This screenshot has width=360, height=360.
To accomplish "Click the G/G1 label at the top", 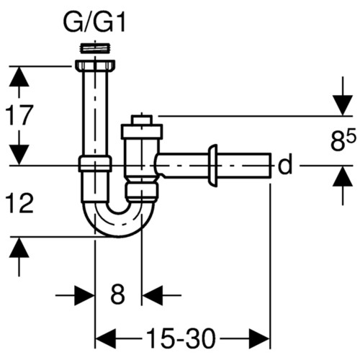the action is click(94, 24).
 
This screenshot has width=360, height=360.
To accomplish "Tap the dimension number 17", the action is click(19, 115).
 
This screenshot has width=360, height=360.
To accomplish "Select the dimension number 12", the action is click(19, 204).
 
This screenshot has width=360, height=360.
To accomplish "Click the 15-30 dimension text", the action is click(180, 338).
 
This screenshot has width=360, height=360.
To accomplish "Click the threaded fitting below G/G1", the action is click(95, 48).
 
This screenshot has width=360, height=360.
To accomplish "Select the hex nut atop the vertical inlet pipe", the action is click(95, 66).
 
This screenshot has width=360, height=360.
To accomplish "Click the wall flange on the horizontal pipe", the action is click(213, 166).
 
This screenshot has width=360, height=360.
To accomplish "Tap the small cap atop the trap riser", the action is click(142, 120).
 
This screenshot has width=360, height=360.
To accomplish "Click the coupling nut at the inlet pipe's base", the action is click(95, 163).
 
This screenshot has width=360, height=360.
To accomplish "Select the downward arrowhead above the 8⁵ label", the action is click(343, 105).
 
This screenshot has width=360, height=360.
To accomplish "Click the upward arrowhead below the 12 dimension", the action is click(19, 248).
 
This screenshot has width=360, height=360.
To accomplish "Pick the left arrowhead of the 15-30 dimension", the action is click(106, 338).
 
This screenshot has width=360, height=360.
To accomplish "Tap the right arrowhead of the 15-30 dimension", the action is click(260, 338).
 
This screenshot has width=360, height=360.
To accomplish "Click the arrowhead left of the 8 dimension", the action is click(84, 295).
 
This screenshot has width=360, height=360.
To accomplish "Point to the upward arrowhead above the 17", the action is click(19, 76).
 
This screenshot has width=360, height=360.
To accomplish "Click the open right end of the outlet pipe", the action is click(270, 165).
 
